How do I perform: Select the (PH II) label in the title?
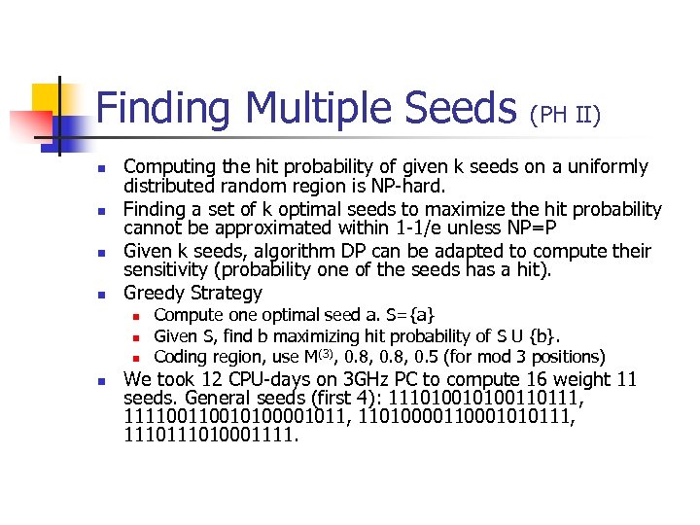565,116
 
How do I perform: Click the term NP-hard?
415,186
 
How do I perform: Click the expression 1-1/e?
397,228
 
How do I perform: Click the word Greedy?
155,293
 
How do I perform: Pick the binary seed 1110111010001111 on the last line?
210,436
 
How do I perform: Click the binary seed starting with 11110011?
232,417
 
